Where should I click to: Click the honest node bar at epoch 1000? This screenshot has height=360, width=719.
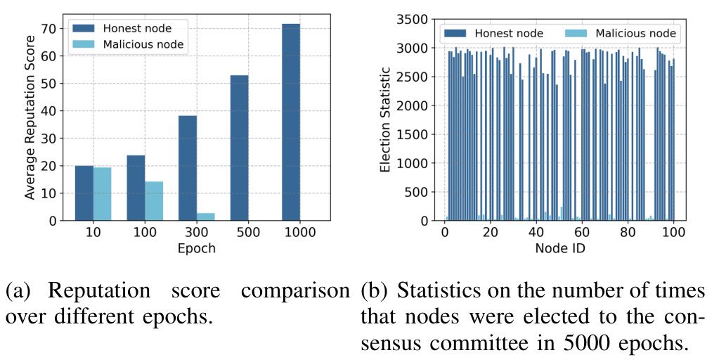click(291, 122)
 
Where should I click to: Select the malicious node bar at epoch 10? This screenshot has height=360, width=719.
click(102, 194)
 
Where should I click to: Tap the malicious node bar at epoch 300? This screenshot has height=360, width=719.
click(206, 217)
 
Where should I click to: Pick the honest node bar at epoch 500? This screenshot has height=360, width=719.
click(240, 148)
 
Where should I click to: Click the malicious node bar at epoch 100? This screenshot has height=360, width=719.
click(154, 201)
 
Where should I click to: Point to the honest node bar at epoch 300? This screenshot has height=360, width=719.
click(188, 168)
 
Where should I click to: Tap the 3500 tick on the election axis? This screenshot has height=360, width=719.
click(411, 19)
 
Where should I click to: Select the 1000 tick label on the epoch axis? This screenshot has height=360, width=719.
click(299, 232)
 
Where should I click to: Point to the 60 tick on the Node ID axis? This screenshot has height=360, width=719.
click(583, 232)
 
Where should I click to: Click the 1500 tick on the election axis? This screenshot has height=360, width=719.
click(411, 134)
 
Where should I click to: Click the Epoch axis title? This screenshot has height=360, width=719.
click(196, 249)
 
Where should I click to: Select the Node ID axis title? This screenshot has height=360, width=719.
click(560, 248)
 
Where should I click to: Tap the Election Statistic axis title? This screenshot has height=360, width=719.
click(385, 120)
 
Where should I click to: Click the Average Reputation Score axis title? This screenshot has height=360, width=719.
click(30, 117)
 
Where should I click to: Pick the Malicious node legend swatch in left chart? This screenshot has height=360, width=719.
click(84, 44)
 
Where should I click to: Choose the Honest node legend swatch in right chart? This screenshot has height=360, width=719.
click(455, 34)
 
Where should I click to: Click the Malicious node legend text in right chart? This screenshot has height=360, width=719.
click(635, 34)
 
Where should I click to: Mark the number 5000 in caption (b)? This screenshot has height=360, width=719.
click(578, 343)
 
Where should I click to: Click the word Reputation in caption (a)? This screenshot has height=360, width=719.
click(100, 291)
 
